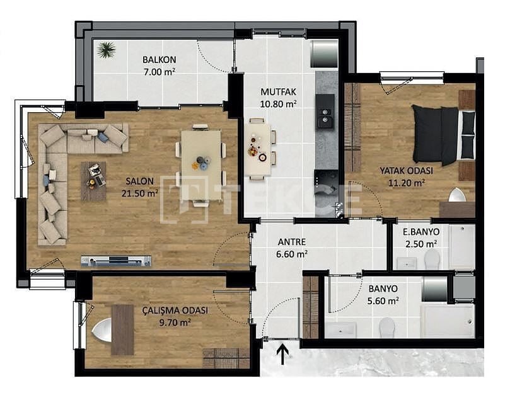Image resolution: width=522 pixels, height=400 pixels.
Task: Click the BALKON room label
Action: tap(159, 60)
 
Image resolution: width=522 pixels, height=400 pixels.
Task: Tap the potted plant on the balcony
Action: tap(106, 50)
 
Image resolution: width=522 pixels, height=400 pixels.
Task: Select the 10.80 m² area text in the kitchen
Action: tap(278, 104)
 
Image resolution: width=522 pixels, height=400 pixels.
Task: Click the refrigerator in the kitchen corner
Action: tap(324, 54)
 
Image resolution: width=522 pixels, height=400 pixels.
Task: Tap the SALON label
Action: tap(140, 181)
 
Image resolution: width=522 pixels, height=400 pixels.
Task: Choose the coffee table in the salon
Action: tap(93, 181)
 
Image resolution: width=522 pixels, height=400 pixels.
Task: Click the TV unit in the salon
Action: tap(116, 261)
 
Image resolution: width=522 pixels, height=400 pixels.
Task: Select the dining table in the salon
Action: tap(201, 166)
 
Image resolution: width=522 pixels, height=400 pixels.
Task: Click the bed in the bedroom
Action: tap(443, 135)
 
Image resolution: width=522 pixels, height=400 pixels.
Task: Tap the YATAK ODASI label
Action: tap(406, 171)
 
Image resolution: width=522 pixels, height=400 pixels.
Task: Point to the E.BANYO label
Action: tap(421, 232)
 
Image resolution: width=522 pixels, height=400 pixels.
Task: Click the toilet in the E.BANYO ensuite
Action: tap(432, 260)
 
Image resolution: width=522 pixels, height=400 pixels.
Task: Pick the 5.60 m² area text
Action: tap(383, 301)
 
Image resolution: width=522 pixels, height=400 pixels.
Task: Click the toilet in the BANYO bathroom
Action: tap(386, 327)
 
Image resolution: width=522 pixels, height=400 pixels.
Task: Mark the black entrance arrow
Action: tap(282, 355)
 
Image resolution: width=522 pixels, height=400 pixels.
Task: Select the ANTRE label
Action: tap(292, 243)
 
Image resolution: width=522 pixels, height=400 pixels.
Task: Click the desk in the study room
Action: tap(122, 330)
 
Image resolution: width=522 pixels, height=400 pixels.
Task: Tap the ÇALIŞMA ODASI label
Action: tap(175, 311)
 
